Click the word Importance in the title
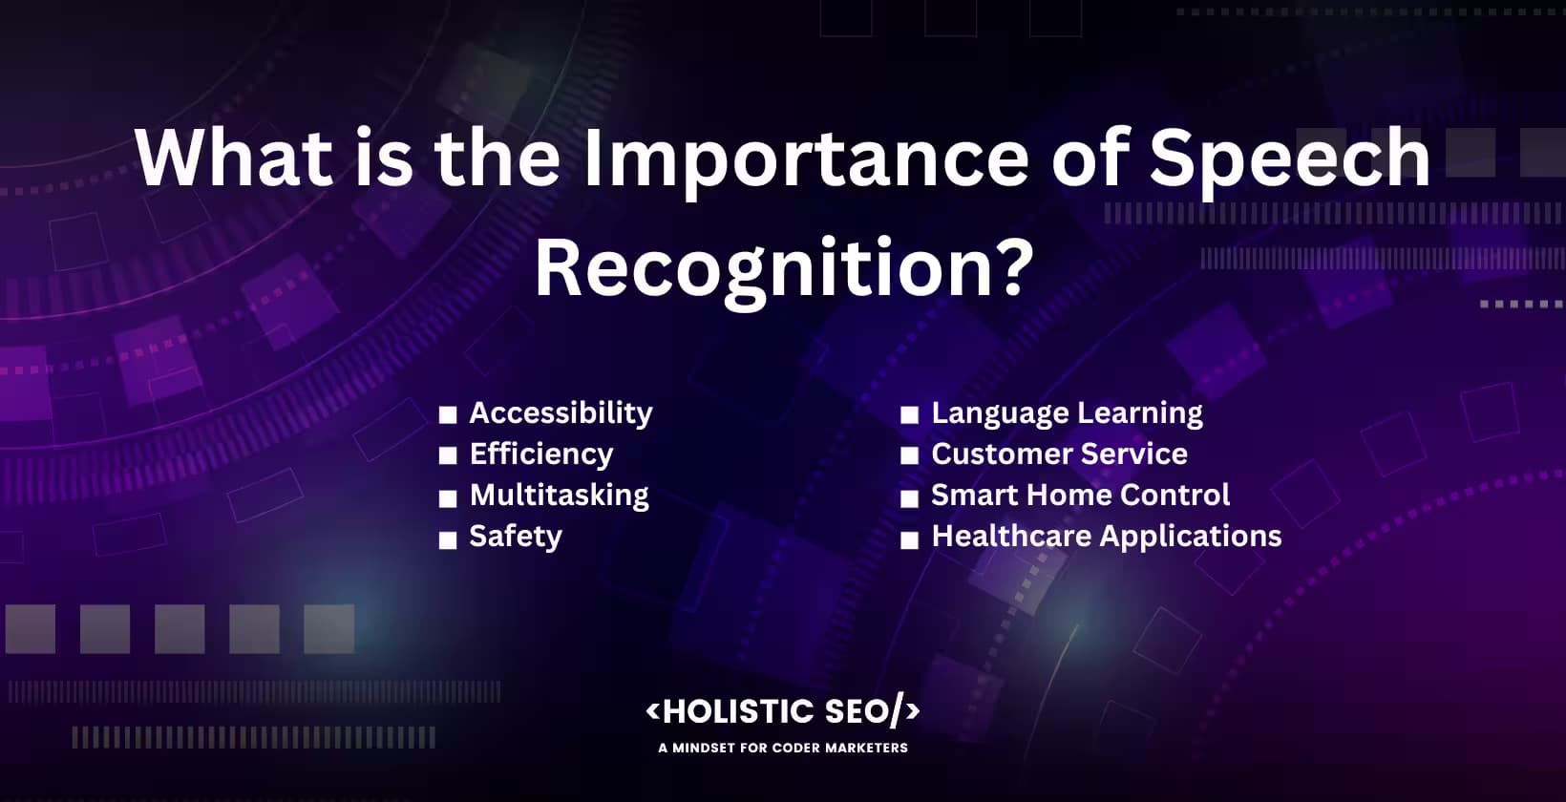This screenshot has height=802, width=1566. [x=805, y=159]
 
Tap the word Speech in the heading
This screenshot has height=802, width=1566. [x=1289, y=159]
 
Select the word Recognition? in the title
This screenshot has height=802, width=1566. [x=784, y=268]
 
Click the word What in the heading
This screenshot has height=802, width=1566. [x=234, y=158]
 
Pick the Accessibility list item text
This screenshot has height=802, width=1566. [x=561, y=413]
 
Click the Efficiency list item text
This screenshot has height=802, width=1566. [x=540, y=454]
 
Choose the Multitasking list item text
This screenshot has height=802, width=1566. [x=559, y=496]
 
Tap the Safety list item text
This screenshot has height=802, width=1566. [x=515, y=537]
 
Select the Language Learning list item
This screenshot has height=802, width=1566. [x=1067, y=413]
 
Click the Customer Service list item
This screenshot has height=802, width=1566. [x=1059, y=454]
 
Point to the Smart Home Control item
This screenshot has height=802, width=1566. [x=1080, y=496]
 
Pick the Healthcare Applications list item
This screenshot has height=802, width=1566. [x=1106, y=537]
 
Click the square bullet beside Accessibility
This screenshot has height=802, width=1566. [x=448, y=415]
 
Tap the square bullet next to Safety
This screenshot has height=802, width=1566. [x=448, y=540]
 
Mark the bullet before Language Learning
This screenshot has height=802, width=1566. [x=909, y=415]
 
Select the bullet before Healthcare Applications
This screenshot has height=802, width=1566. [x=909, y=540]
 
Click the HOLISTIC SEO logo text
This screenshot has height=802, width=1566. [x=782, y=711]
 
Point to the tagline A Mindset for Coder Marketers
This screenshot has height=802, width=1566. [x=782, y=748]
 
